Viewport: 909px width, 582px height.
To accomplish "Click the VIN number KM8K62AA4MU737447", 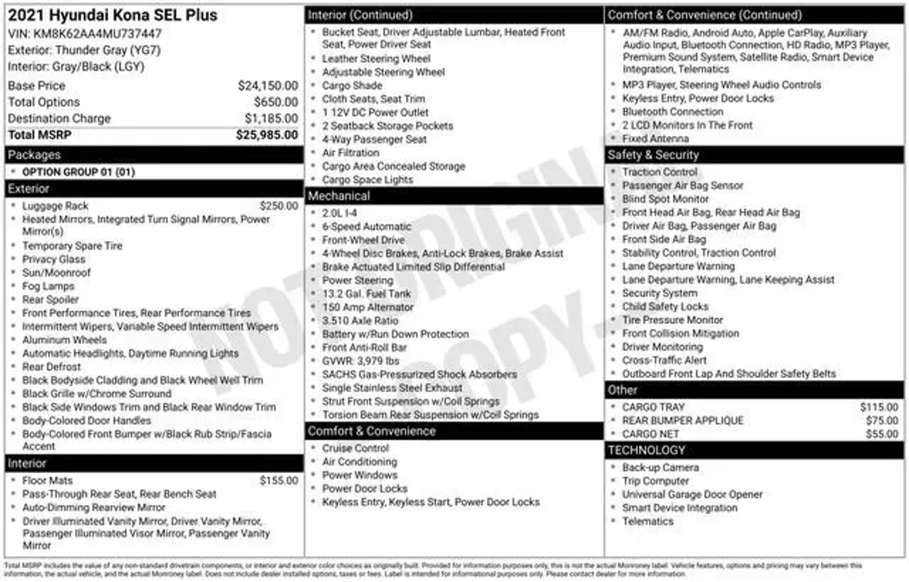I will pyautogui.click(x=97, y=34).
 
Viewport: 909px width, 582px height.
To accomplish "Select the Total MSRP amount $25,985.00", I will pyautogui.click(x=267, y=135).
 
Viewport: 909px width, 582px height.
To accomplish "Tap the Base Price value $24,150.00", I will pyautogui.click(x=268, y=86).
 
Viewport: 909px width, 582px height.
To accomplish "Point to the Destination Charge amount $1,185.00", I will pyautogui.click(x=271, y=118).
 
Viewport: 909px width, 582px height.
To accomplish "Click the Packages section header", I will pyautogui.click(x=34, y=155).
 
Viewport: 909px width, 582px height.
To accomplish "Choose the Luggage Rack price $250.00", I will pyautogui.click(x=279, y=206).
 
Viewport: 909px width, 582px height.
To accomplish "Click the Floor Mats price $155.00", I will pyautogui.click(x=279, y=480).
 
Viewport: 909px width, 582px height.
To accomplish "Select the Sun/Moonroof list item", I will pyautogui.click(x=56, y=273).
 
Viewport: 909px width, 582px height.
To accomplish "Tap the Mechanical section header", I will pyautogui.click(x=339, y=196).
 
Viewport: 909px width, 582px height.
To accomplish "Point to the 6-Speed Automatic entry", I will pyautogui.click(x=367, y=227).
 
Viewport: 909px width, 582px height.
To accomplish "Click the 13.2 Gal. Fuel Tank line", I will pyautogui.click(x=366, y=294).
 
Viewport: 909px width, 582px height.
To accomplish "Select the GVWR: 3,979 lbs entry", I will pyautogui.click(x=360, y=361).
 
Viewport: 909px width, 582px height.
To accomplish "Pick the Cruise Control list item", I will pyautogui.click(x=356, y=448).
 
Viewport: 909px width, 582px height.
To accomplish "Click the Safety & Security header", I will pyautogui.click(x=653, y=155).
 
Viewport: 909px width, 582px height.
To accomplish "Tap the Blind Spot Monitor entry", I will pyautogui.click(x=665, y=199).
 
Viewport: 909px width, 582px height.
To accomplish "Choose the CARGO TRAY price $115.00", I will pyautogui.click(x=879, y=407).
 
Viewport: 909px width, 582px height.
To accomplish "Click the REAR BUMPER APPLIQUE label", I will pyautogui.click(x=682, y=421).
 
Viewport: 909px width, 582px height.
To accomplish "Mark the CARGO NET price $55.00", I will pyautogui.click(x=881, y=434).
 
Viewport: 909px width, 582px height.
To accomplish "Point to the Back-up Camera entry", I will pyautogui.click(x=660, y=468).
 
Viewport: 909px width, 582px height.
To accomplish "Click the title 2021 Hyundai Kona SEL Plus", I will pyautogui.click(x=113, y=16).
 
